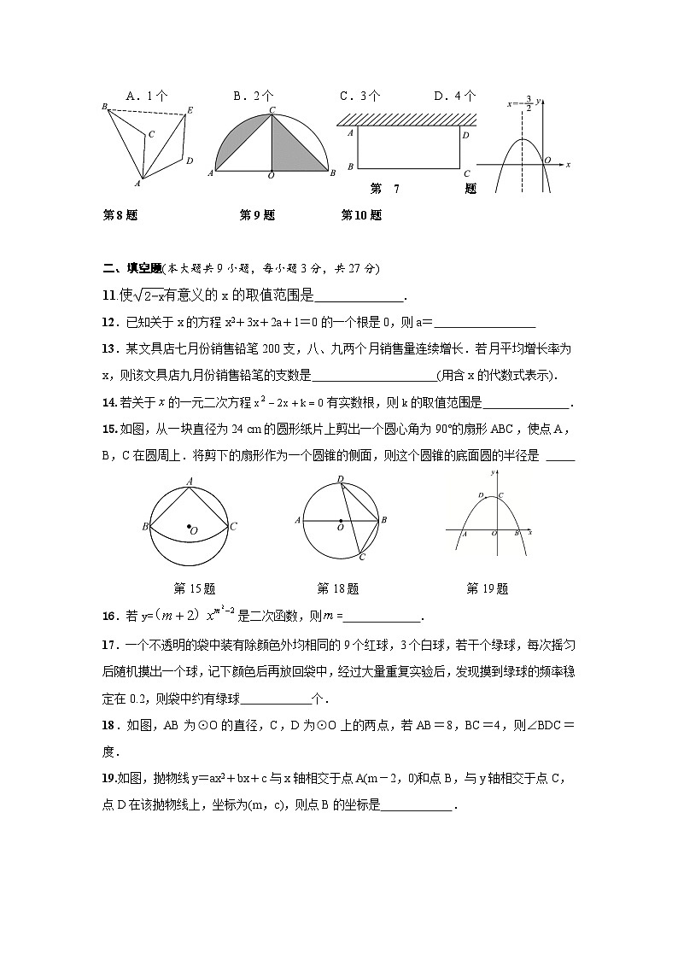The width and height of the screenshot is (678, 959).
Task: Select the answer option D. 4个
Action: click(x=455, y=96)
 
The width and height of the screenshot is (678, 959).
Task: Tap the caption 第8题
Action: click(x=120, y=215)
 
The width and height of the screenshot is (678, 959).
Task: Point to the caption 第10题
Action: click(x=361, y=215)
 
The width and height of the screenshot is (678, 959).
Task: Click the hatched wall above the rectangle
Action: click(x=406, y=119)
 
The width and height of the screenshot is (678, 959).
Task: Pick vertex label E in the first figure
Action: click(x=190, y=110)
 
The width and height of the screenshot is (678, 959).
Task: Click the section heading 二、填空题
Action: click(x=132, y=268)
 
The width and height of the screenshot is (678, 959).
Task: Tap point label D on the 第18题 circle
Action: click(x=340, y=479)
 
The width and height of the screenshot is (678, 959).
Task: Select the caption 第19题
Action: click(x=487, y=588)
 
